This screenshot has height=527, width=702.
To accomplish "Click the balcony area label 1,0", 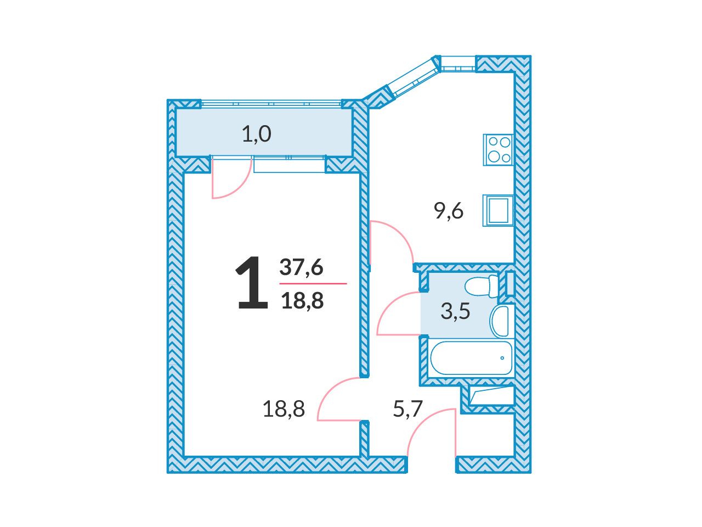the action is click(x=257, y=134).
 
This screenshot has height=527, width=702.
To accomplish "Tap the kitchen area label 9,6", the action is click(x=449, y=211).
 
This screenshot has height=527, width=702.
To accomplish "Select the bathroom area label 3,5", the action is click(x=455, y=311).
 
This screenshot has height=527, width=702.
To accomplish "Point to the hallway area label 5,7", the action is click(x=408, y=409).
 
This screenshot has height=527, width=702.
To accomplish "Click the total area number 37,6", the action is click(x=301, y=267).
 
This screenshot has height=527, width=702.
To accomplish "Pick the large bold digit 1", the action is click(x=252, y=283).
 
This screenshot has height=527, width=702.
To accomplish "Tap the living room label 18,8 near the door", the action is click(x=284, y=409).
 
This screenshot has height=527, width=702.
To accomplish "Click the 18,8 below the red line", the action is click(x=302, y=301).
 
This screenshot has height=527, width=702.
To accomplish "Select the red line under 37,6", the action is click(x=313, y=283).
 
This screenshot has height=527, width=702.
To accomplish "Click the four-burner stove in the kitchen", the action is click(x=498, y=150).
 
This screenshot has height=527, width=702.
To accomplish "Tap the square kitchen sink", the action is click(x=498, y=211).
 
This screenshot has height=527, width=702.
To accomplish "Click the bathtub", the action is click(x=471, y=358).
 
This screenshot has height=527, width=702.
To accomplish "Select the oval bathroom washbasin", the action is click(x=500, y=321).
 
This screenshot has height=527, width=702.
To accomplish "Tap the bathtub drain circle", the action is click(x=502, y=358).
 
